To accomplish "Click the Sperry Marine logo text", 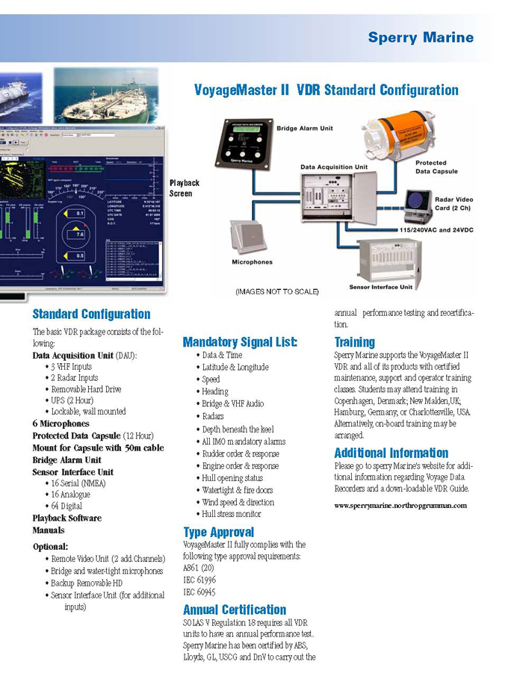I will click(x=420, y=37).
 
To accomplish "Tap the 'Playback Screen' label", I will click(x=185, y=188).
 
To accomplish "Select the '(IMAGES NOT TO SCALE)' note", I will click(x=276, y=291).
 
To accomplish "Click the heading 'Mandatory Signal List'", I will click(x=239, y=342).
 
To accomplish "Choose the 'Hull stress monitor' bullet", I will click(x=232, y=514).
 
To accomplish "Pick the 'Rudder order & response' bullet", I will click(x=240, y=453).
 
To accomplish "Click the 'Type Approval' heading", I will click(x=218, y=532).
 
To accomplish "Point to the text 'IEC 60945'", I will click(x=199, y=592).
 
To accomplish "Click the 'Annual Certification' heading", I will click(x=235, y=610).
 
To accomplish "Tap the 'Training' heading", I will click(x=354, y=342).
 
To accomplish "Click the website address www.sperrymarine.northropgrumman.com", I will click(x=400, y=506).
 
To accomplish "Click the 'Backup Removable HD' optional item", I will click(x=87, y=583).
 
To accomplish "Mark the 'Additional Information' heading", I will click(x=391, y=453).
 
